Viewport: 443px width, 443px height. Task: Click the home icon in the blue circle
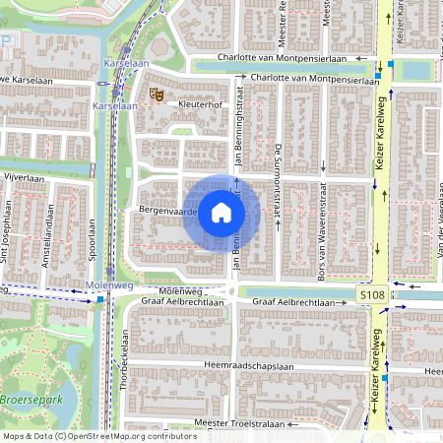coord(221,212)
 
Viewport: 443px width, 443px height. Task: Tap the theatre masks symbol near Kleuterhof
coord(154,94)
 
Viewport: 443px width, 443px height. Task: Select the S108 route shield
coord(371,294)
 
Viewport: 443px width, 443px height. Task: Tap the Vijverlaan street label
coord(26,179)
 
